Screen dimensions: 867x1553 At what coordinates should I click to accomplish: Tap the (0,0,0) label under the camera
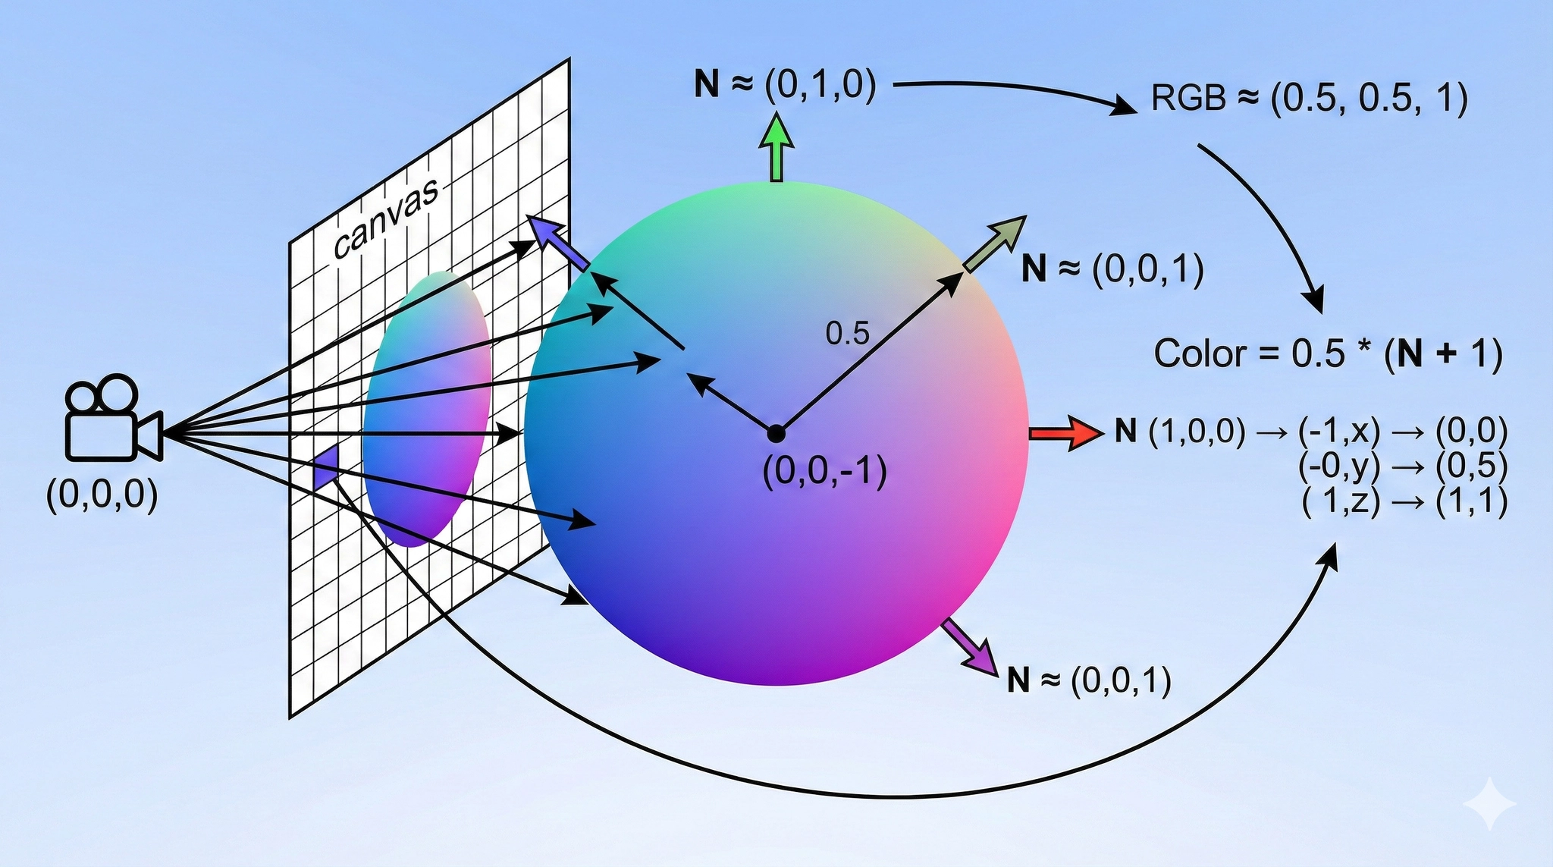(102, 496)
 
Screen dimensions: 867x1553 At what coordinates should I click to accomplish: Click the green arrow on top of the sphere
(776, 147)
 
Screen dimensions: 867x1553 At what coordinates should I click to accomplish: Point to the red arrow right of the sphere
(1065, 433)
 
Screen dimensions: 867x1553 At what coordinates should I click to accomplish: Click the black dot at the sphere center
(776, 434)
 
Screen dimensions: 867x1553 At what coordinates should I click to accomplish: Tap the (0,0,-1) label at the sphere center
(825, 472)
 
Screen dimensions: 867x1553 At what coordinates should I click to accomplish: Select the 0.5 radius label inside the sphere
(847, 333)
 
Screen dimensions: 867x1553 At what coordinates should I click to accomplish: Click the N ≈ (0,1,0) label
(785, 85)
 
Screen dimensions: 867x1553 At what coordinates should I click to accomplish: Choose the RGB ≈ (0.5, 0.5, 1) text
(1309, 99)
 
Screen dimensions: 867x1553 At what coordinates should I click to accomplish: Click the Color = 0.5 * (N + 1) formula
(1328, 354)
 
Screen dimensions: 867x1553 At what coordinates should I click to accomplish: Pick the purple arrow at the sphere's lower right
(970, 647)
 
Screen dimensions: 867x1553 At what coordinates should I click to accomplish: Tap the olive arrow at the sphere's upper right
(996, 243)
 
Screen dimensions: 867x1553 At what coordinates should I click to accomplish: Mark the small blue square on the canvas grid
(326, 467)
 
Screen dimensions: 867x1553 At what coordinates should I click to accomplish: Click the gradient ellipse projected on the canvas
(426, 410)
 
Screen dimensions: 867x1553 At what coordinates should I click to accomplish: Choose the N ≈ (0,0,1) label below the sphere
(1089, 680)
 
